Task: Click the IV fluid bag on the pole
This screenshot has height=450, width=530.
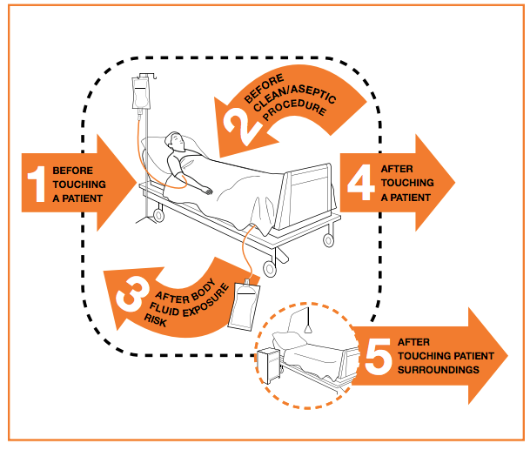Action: (139, 94)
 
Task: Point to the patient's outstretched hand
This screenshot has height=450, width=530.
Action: (205, 189)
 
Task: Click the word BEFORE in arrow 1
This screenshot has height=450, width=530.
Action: (70, 170)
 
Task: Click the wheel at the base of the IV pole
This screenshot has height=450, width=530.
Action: (157, 212)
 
